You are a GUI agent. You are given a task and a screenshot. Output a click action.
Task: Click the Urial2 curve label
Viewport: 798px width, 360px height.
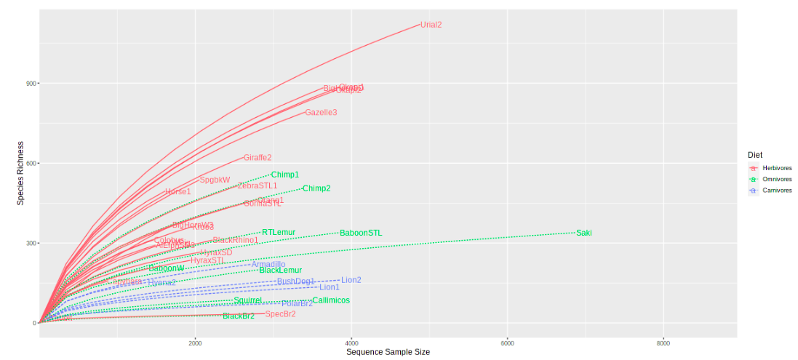point(431,25)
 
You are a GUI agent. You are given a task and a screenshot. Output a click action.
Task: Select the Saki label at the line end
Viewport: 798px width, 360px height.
point(584,233)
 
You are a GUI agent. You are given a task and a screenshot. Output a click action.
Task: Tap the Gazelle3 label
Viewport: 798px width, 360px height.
point(321,113)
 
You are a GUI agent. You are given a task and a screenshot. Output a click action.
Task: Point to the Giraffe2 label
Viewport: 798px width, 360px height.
point(258,157)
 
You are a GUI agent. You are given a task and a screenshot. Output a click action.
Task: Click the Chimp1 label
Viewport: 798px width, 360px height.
point(285,175)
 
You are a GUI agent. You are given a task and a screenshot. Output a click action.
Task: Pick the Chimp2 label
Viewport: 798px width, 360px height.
point(316,188)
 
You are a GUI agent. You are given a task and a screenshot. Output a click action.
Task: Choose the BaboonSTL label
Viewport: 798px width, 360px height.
point(361,233)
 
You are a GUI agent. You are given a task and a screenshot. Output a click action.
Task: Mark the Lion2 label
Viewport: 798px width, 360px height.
point(351,280)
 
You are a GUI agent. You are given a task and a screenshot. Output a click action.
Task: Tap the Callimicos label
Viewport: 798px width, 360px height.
point(331,300)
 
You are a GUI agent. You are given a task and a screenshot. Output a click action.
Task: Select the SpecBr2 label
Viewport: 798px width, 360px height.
point(280,314)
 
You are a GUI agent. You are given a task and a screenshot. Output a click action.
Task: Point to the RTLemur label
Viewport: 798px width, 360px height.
point(279,233)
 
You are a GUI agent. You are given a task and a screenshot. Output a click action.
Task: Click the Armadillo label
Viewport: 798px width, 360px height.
point(268,265)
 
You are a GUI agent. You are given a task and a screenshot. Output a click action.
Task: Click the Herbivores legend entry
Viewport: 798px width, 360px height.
point(772,168)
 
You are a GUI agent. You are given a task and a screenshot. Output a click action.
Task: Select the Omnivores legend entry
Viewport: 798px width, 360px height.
point(773,179)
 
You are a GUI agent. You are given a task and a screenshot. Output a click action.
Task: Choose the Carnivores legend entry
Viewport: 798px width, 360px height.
point(773,190)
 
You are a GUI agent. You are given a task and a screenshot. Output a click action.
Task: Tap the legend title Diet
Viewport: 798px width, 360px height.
point(754,155)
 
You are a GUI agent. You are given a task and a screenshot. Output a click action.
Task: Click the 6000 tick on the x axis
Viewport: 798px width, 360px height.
point(508,343)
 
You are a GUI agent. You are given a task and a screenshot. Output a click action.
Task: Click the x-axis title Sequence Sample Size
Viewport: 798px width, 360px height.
point(388,352)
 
